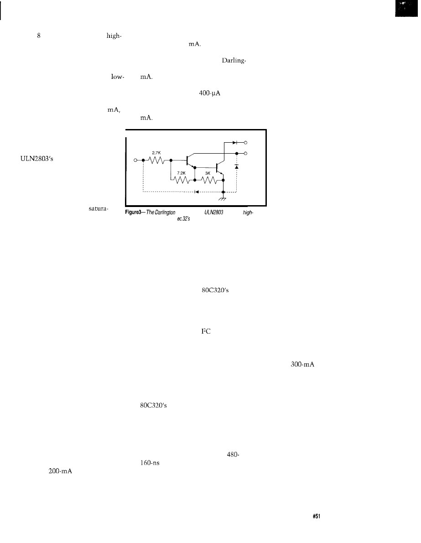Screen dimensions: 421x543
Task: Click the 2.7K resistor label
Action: coord(156,153)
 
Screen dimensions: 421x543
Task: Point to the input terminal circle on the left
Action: coord(135,160)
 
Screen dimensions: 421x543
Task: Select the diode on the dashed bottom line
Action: coord(196,192)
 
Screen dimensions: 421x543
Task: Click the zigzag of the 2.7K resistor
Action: coord(157,160)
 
